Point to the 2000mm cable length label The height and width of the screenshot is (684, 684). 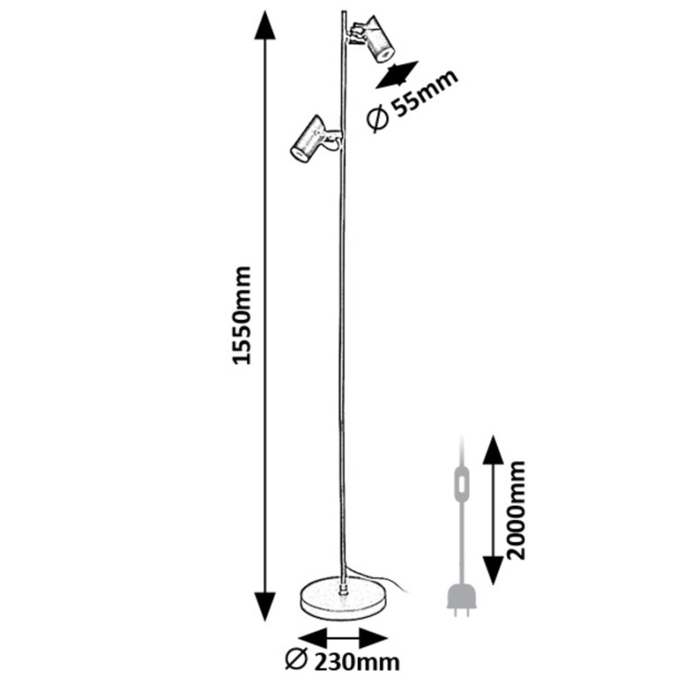517,510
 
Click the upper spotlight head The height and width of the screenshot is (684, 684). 374,39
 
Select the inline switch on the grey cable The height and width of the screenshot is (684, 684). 461,486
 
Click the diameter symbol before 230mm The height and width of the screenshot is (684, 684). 295,661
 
